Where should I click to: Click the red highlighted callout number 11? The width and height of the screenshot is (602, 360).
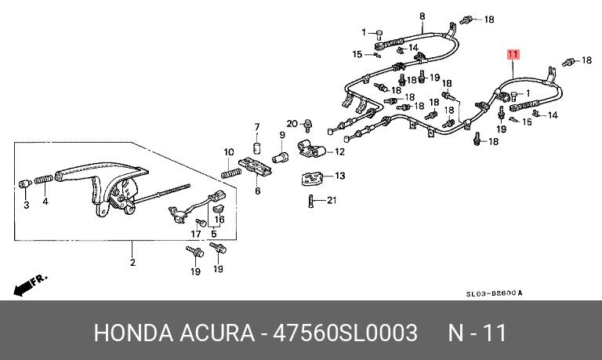pos(513,55)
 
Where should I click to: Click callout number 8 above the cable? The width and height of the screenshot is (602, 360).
pos(422,16)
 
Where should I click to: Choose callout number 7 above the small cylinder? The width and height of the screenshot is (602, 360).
pos(256,127)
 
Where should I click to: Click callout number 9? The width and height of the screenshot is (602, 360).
pos(282,135)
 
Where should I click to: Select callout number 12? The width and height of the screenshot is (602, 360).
pos(339,151)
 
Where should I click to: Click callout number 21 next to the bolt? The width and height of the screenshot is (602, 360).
pos(331,200)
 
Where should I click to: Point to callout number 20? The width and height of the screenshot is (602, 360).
pos(292,124)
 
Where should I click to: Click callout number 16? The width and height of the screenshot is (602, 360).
pos(220,220)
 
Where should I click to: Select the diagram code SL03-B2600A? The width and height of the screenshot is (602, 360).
pos(494,293)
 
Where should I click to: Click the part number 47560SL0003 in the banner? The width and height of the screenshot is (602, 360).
pos(344,333)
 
